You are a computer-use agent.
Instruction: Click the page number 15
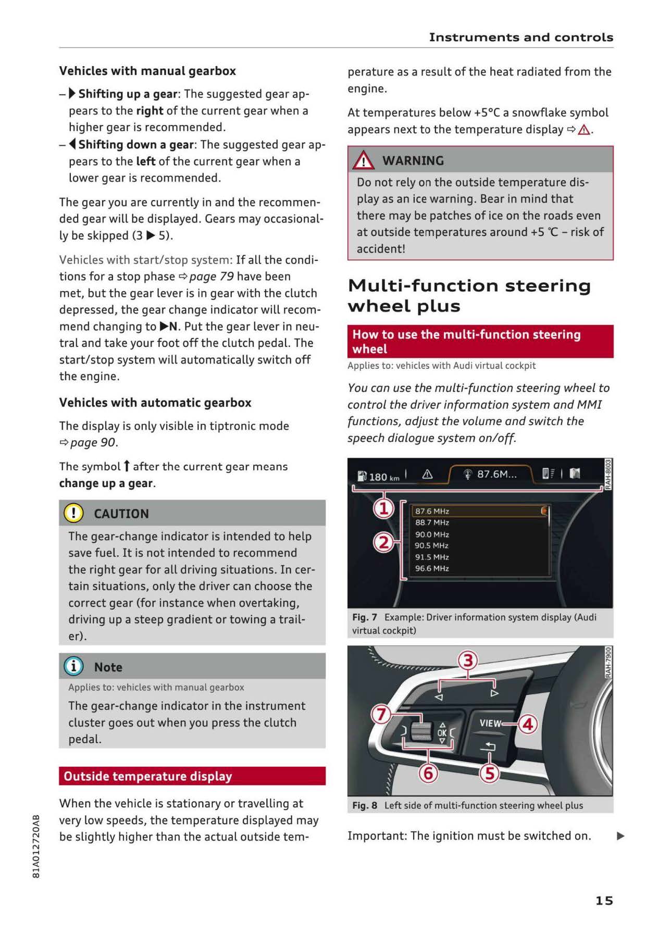604,900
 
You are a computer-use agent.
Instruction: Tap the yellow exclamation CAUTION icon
73,513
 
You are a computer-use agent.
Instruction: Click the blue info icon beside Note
73,666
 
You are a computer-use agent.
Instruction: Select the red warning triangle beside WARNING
363,160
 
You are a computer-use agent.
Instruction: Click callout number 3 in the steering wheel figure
467,660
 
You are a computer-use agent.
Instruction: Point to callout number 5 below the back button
489,773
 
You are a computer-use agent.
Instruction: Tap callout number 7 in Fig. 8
381,714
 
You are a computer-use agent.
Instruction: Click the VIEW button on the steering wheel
490,723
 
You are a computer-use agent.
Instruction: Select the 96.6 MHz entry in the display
432,568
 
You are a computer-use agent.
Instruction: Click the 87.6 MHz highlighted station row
479,511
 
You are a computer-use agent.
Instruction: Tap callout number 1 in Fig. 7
383,508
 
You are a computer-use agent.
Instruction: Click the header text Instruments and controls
520,38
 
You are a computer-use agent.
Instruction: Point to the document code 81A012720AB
36,846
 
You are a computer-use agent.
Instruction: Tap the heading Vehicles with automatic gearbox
155,403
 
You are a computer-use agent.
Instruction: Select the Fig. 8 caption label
364,805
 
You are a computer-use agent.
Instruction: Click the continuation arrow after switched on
620,836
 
